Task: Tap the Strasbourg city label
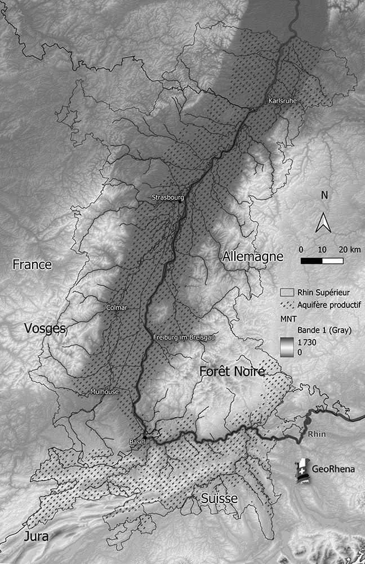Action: pos(168,198)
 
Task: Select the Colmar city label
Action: pos(117,308)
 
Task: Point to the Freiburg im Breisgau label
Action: pos(185,337)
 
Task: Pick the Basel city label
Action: pos(136,442)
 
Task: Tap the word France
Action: pos(32,265)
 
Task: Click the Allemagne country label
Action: pos(252,257)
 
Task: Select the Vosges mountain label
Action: pos(45,329)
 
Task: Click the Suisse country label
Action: pos(219,499)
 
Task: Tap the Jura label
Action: pos(37,536)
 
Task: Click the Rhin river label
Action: pos(317,435)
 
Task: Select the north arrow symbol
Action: pos(323,223)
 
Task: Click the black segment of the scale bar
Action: pos(311,261)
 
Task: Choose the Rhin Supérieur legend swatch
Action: pos(287,293)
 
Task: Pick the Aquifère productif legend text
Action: pos(329,305)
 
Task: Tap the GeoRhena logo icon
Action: pos(304,470)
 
